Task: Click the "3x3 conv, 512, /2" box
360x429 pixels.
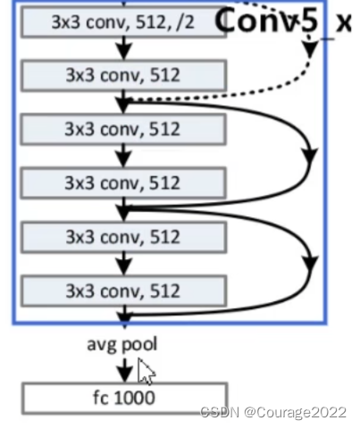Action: point(123,22)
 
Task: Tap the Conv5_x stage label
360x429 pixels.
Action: point(283,21)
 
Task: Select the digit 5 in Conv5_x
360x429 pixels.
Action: point(308,21)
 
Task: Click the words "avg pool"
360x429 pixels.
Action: point(122,344)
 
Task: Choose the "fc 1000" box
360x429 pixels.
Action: point(125,399)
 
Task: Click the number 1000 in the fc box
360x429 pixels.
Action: point(134,398)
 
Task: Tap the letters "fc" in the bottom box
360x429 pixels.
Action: point(101,398)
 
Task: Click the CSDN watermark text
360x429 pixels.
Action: point(220,412)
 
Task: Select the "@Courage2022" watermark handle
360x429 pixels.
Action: point(295,413)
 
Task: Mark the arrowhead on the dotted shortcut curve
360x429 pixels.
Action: point(310,49)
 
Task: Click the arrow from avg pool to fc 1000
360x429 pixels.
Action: point(125,370)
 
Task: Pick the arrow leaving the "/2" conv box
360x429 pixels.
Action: point(124,48)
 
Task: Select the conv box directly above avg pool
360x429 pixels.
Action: point(124,291)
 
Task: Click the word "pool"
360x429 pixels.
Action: point(139,344)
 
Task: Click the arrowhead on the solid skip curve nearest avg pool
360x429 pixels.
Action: point(311,264)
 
